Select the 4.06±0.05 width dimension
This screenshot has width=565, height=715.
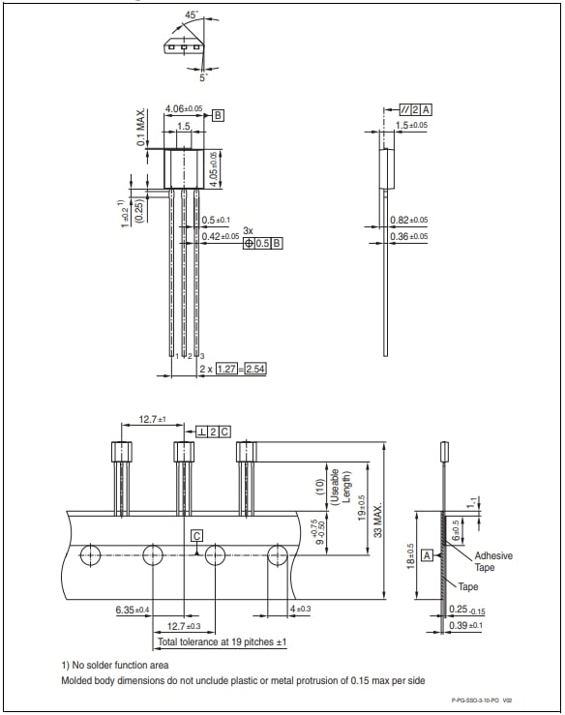point(183,108)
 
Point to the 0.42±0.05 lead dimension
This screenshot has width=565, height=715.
point(220,236)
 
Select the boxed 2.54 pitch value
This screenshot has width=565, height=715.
point(256,369)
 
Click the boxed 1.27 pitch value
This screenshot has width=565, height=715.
point(227,369)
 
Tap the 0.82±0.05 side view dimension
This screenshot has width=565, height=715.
point(408,221)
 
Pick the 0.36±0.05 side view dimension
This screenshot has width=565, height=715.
point(408,236)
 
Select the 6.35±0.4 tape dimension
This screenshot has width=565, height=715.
point(132,610)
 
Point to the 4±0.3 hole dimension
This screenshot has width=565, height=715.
point(300,610)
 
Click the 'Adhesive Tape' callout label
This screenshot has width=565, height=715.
point(492,562)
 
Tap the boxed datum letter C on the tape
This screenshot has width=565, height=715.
point(196,535)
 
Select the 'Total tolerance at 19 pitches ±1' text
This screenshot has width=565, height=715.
point(222,641)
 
